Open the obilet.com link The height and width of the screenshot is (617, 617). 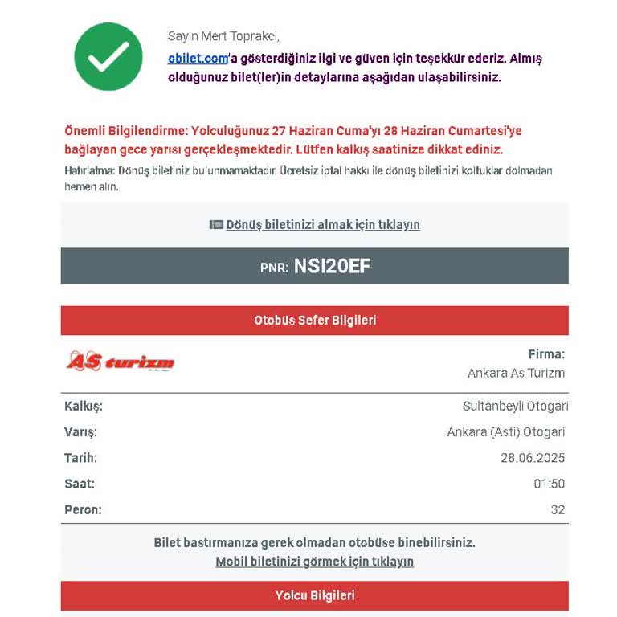[x=198, y=59]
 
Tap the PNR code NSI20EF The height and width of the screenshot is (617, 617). [x=332, y=266]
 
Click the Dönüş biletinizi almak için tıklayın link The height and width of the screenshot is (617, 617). [x=322, y=225]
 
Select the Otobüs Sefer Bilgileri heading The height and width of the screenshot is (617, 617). [x=315, y=320]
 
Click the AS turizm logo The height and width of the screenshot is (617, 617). [x=121, y=362]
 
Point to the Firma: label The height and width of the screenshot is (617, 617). [x=546, y=354]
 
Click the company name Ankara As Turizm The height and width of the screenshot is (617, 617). [x=516, y=373]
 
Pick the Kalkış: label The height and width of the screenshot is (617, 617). [x=84, y=407]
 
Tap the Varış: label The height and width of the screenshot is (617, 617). [x=80, y=432]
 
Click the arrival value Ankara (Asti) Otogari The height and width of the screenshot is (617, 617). [x=505, y=432]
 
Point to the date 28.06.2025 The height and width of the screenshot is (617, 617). [x=533, y=458]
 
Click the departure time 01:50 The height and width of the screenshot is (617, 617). [x=550, y=484]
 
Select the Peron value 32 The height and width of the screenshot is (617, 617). [x=558, y=509]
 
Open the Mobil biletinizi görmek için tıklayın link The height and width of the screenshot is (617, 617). [x=314, y=562]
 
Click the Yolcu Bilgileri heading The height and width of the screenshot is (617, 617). [x=315, y=595]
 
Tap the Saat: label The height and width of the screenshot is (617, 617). [x=80, y=484]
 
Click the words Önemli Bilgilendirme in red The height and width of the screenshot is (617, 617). [x=125, y=131]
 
